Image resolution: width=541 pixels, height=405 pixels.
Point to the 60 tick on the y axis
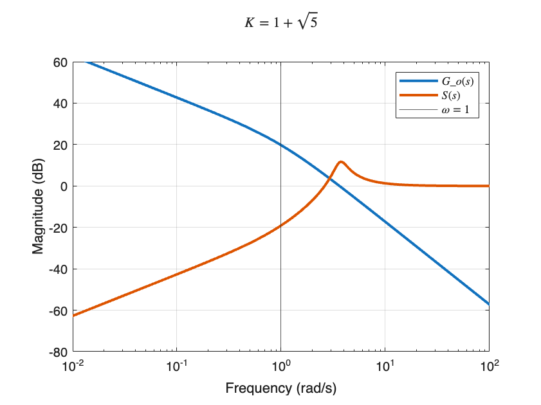click(x=60, y=62)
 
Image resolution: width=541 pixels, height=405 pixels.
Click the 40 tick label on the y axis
click(x=60, y=104)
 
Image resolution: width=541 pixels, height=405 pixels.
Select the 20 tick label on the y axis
click(x=60, y=145)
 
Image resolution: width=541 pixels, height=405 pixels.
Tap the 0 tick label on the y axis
click(x=63, y=186)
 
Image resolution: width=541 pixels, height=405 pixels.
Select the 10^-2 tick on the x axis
click(x=73, y=367)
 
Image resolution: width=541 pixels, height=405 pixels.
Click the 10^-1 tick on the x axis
click(x=177, y=367)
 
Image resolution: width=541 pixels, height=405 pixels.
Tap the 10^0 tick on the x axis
click(x=281, y=367)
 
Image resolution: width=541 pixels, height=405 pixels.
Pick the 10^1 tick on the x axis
click(x=385, y=367)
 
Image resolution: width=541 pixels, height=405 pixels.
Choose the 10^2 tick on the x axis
click(x=489, y=367)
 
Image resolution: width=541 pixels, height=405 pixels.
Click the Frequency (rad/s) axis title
click(x=280, y=388)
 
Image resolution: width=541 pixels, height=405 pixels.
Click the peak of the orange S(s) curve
click(x=341, y=162)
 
